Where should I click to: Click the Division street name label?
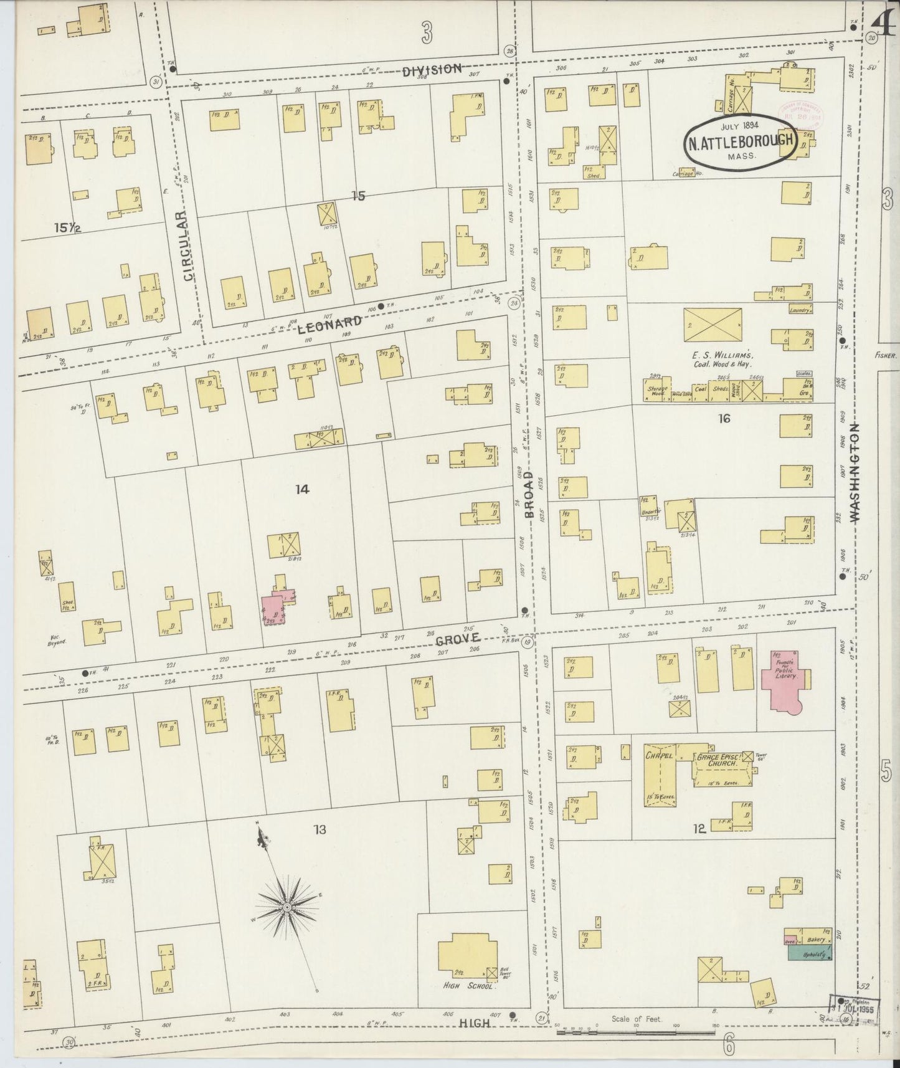pos(432,69)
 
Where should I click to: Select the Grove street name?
pos(458,639)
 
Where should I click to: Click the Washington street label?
pos(854,472)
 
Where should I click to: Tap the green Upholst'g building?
pos(810,954)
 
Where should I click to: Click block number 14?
pos(302,490)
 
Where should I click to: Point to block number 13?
pos(320,829)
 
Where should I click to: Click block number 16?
pos(723,419)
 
